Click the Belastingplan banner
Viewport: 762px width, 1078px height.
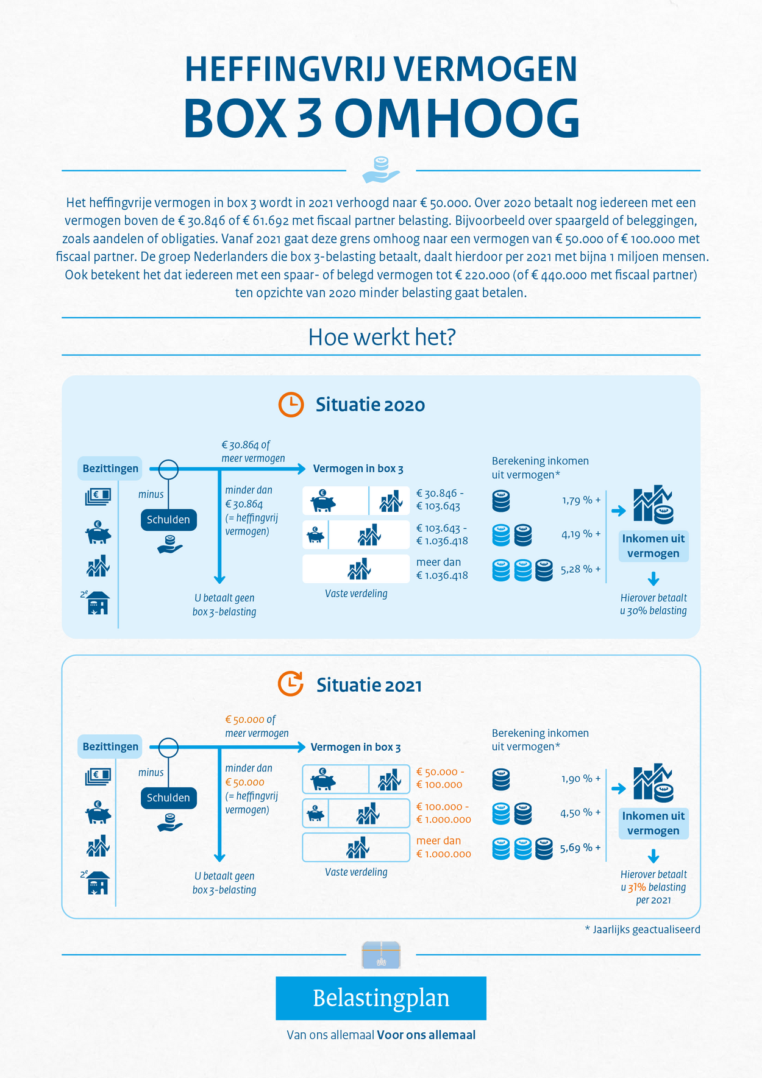coord(381,998)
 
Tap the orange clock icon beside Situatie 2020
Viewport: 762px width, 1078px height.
coord(291,405)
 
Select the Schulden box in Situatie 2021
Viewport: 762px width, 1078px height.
coord(168,798)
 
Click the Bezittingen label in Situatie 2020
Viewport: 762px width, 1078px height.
coord(110,469)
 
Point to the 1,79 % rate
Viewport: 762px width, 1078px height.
coord(581,500)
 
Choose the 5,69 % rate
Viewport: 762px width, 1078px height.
coord(580,848)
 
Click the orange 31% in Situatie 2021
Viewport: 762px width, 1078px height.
coord(636,888)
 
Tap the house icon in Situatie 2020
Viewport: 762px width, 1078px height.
coord(98,603)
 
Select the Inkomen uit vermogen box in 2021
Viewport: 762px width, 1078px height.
coord(653,823)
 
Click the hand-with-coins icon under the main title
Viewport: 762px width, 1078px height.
coord(381,169)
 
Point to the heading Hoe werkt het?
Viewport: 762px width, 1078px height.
coord(382,337)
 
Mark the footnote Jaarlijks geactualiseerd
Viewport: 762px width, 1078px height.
coord(643,930)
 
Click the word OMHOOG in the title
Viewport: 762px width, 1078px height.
coord(457,118)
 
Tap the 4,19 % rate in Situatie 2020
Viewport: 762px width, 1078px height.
coord(581,534)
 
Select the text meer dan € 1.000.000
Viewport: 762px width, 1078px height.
coord(444,848)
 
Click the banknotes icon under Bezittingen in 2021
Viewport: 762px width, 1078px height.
coord(98,776)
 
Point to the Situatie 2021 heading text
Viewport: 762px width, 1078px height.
coord(369,686)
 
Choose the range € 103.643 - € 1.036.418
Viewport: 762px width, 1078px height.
coord(442,534)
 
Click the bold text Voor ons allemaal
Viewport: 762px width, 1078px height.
coord(426,1035)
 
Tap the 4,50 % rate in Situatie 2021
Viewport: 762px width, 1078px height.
coord(580,813)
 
